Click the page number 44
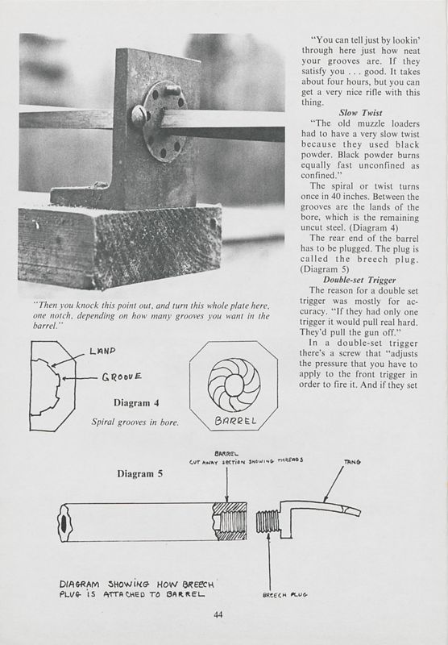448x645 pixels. coord(218,615)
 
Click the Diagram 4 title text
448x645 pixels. coord(136,401)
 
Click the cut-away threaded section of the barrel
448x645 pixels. coord(229,522)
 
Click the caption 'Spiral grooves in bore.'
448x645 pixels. coord(136,422)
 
